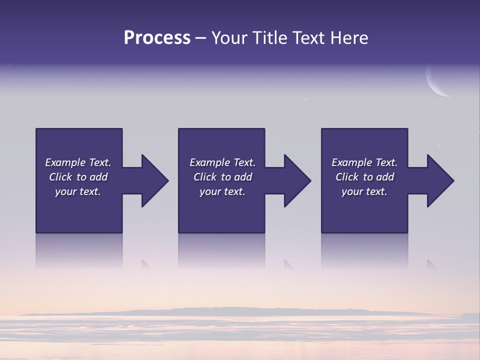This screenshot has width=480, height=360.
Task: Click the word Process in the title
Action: click(157, 38)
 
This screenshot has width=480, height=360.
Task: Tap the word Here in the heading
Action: click(348, 38)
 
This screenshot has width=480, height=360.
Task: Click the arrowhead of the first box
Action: click(154, 180)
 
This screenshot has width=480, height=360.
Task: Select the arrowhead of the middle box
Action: click(296, 180)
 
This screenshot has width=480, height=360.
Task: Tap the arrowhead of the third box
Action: click(439, 180)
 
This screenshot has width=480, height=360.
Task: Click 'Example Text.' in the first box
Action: click(78, 162)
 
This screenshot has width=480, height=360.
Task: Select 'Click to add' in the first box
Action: click(78, 177)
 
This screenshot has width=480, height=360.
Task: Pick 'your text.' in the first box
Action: click(78, 191)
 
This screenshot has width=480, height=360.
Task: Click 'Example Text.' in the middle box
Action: click(222, 162)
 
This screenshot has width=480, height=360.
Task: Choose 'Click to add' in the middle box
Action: click(222, 177)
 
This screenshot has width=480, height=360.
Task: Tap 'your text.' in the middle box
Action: click(222, 191)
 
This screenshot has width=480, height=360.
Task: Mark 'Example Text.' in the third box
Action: click(364, 162)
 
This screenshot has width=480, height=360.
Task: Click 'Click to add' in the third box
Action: click(364, 177)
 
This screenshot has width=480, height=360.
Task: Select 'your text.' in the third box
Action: click(364, 191)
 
